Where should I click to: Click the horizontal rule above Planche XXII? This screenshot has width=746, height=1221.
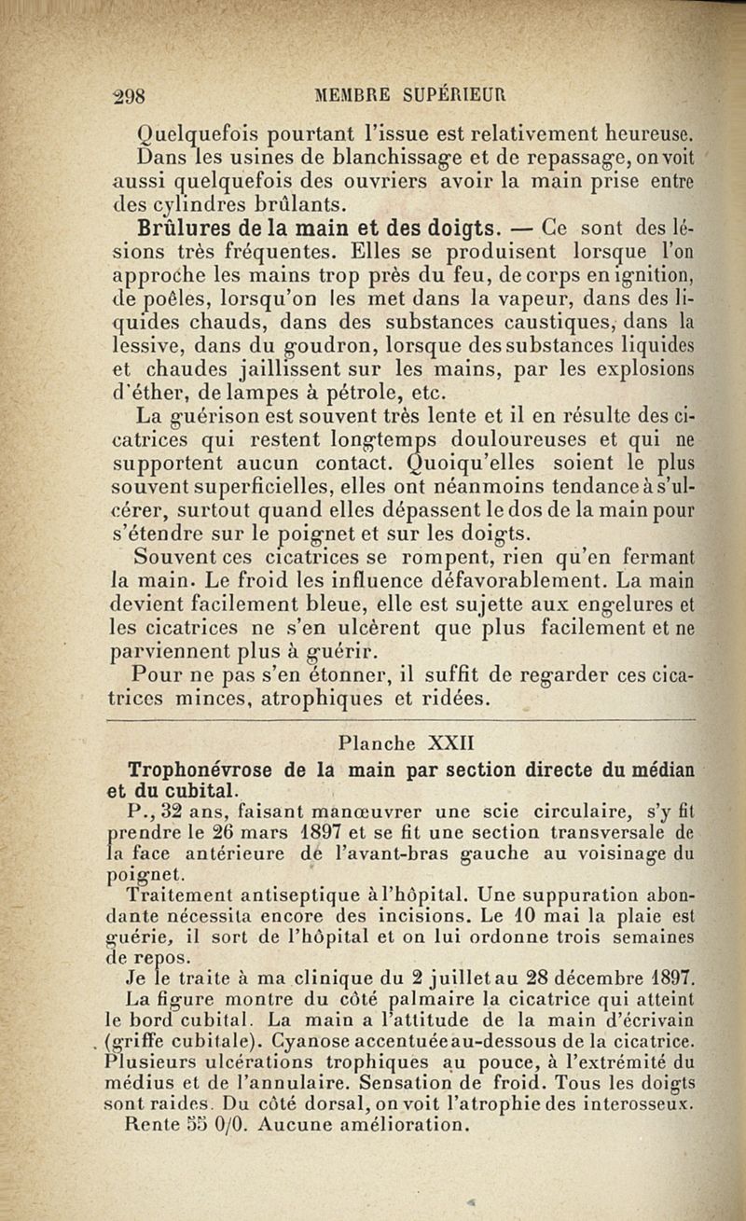pyautogui.click(x=402, y=721)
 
